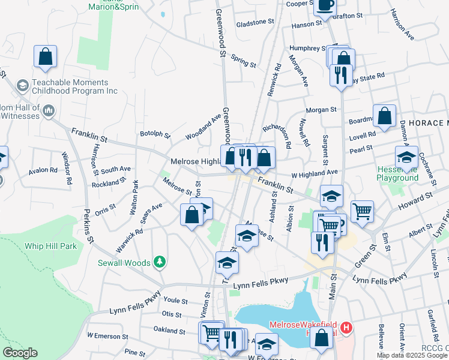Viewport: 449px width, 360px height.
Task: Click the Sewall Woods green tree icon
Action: (159, 261)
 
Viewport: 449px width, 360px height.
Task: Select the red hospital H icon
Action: (346, 328)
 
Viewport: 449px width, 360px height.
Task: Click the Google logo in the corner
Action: (20, 353)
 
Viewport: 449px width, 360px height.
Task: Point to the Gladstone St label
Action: (255, 22)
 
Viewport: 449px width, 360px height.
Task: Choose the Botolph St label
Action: (155, 134)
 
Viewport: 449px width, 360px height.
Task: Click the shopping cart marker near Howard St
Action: (363, 211)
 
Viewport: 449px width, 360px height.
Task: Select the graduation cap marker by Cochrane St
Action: (406, 157)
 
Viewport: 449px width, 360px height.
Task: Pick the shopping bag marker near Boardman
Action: (384, 115)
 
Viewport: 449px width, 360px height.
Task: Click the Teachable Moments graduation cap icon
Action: (23, 86)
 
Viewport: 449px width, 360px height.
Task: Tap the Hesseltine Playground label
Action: (397, 173)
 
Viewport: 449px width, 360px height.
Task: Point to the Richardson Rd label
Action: (276, 136)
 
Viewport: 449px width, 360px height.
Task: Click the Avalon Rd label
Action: (46, 170)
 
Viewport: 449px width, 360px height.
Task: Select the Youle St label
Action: (176, 300)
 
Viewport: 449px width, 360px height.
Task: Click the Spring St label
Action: (244, 62)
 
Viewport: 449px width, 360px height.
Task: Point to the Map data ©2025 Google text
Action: (412, 355)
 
